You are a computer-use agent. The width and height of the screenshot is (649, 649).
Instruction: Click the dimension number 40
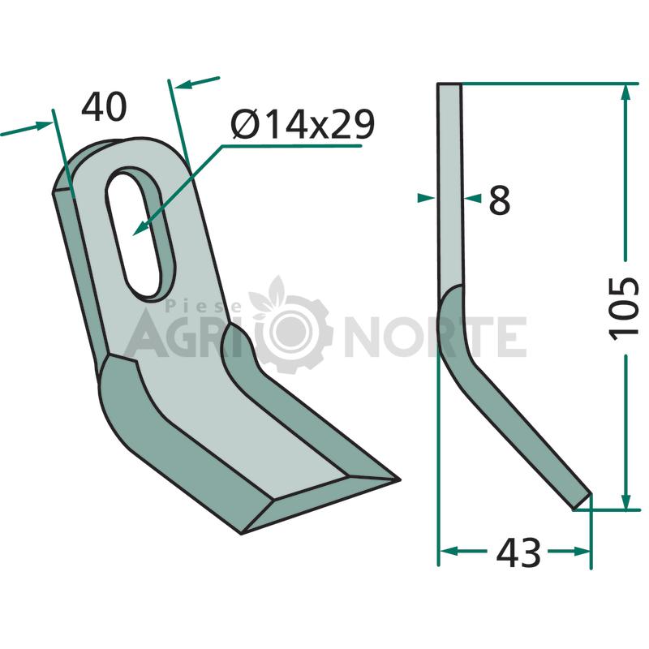(x=104, y=107)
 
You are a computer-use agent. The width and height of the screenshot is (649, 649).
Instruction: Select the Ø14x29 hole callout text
(x=303, y=124)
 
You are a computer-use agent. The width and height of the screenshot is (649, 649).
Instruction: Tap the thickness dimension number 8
(x=500, y=200)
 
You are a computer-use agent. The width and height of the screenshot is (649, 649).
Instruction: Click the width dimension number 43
(x=518, y=553)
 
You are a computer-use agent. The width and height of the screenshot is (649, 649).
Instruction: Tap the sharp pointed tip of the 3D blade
(x=399, y=479)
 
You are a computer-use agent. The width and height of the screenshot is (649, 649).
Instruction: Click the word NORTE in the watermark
(x=435, y=337)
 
